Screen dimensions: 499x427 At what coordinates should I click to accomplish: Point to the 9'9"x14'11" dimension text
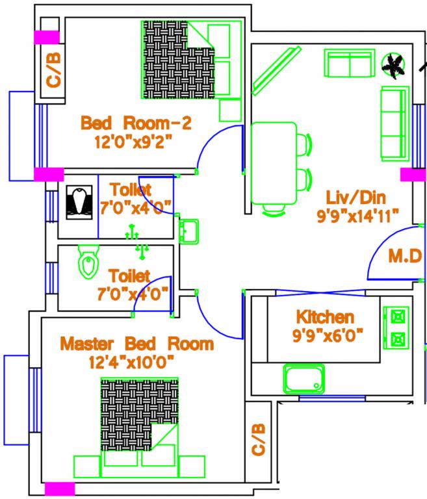[357, 216]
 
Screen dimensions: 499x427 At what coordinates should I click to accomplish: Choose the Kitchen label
[325, 317]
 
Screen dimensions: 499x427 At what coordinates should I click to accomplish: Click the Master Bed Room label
[136, 344]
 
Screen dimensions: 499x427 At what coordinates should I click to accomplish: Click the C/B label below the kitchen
[258, 440]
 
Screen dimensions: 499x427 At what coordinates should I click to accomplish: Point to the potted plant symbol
[393, 65]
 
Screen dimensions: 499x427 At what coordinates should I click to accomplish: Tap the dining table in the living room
[274, 164]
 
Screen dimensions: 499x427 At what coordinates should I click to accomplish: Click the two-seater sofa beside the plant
[350, 64]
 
